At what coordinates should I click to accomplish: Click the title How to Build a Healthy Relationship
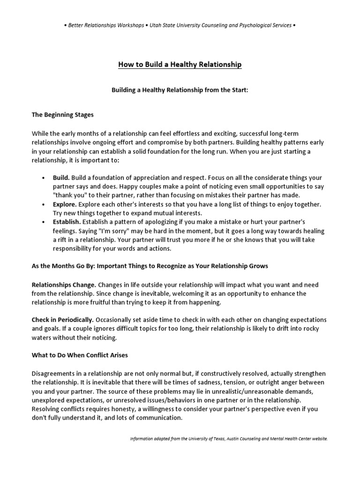pos(180,64)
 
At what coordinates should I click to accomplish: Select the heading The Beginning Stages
pos(63,114)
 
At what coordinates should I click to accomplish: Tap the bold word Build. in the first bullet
pos(62,178)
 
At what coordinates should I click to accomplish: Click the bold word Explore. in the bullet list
pos(66,204)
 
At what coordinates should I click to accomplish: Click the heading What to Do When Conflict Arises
pos(80,355)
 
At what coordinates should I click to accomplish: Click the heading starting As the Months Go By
pos(150,266)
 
